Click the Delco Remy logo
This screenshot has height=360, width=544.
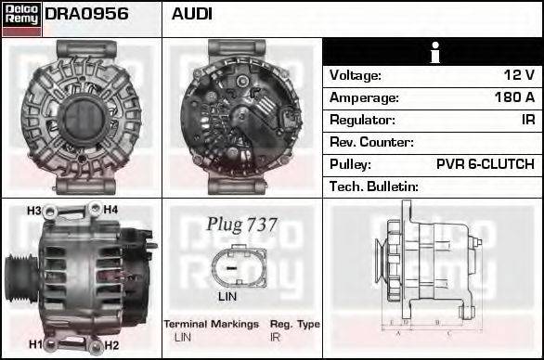tap(21, 19)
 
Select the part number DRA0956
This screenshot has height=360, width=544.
tap(86, 14)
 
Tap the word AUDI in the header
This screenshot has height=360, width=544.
tap(191, 14)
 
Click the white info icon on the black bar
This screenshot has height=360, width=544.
tap(435, 53)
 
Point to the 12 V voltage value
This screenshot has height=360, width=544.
tap(519, 75)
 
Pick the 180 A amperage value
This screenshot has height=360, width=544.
tap(515, 97)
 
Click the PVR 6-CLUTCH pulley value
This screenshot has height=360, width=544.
tap(486, 164)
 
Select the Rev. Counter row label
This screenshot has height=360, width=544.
tap(371, 142)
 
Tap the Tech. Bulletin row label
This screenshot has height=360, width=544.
tap(374, 186)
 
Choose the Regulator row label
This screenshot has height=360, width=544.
tap(362, 120)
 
